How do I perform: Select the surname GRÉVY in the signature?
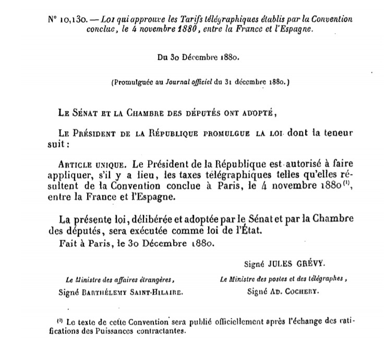click(306, 263)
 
